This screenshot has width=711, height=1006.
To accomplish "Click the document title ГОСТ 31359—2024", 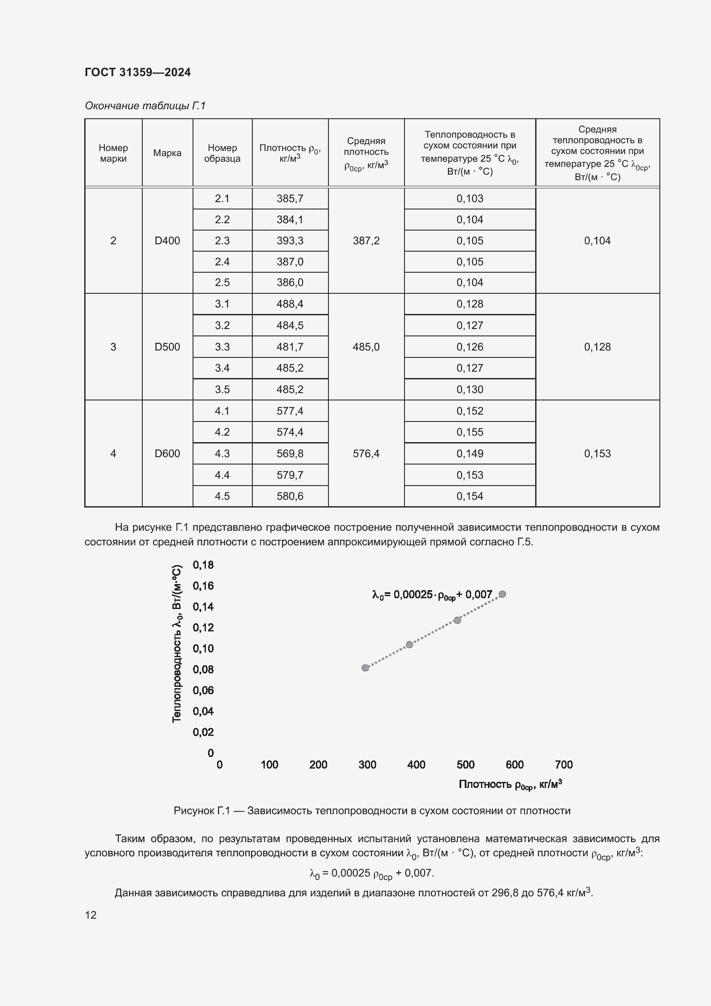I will click(x=138, y=72).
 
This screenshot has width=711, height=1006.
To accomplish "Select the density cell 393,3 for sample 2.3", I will click(x=290, y=240).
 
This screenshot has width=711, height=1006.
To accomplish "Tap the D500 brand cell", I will click(x=167, y=347).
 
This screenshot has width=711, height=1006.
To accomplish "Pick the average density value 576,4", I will click(x=366, y=453).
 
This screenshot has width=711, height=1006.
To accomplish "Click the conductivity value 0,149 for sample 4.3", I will click(x=470, y=453).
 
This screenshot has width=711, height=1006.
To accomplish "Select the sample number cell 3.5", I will click(x=222, y=390).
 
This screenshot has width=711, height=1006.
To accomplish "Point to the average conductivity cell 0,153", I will click(x=597, y=453).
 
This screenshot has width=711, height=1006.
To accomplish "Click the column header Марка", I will click(x=167, y=153).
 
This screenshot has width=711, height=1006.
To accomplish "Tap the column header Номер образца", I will click(x=222, y=153).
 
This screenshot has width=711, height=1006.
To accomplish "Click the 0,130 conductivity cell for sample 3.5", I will click(x=470, y=390).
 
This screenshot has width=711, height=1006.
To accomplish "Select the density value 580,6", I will click(x=290, y=496).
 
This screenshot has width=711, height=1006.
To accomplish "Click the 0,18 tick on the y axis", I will click(x=203, y=565).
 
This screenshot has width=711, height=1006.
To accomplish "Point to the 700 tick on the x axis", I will click(x=564, y=765).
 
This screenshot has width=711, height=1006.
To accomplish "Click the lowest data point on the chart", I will click(x=365, y=668).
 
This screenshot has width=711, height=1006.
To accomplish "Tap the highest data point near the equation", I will click(x=502, y=594).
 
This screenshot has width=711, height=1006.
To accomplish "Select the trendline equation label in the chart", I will click(x=432, y=595).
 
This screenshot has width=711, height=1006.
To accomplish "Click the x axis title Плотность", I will click(x=510, y=785).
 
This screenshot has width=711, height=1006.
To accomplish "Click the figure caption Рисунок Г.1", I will click(x=372, y=811).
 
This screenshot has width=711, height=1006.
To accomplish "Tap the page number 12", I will click(x=91, y=915).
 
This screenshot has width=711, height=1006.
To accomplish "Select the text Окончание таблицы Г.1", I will click(x=145, y=106).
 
